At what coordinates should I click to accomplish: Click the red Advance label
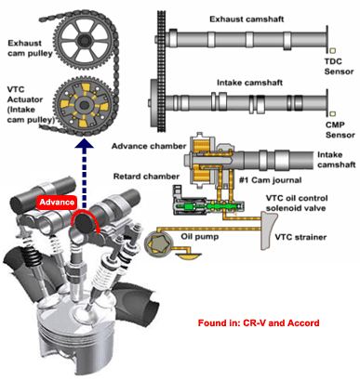tap(57, 203)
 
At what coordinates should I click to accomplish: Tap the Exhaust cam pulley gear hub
tap(84, 40)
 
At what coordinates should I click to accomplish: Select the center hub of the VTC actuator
tap(84, 105)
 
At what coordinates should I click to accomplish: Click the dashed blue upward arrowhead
tap(84, 143)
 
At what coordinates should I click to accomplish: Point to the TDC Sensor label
tap(339, 67)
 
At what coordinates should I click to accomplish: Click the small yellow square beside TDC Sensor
tap(333, 50)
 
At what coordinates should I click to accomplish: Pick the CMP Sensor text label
tap(340, 130)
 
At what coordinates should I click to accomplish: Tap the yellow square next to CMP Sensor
tap(333, 113)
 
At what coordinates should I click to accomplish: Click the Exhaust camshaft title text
tap(247, 20)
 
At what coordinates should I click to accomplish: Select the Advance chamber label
tap(149, 146)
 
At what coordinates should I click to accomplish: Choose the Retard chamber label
tap(146, 177)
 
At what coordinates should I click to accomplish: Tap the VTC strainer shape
tap(268, 230)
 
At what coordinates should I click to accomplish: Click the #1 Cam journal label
tap(270, 180)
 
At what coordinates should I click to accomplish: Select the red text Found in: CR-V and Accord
tap(259, 323)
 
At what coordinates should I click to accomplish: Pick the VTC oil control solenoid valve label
tap(297, 203)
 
